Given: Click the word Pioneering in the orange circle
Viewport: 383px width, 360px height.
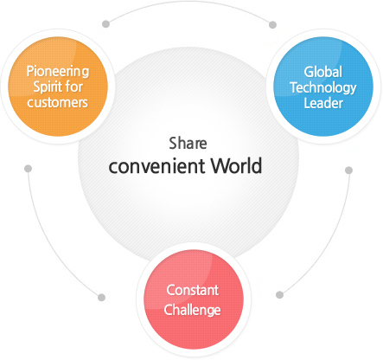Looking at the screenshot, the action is coord(58,72).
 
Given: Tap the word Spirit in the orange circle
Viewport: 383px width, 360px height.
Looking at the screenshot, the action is coord(48,87).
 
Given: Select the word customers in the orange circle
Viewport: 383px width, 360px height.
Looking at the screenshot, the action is coord(57,103).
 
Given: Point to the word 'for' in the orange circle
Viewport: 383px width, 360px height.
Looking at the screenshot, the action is coord(74,87).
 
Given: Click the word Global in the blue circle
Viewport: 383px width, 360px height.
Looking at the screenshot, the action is coord(323,72).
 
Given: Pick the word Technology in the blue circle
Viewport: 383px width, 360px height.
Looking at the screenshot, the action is coord(323,87).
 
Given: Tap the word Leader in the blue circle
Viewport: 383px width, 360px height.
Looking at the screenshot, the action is coord(323,103).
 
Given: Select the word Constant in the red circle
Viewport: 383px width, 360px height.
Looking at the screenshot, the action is coord(192,290).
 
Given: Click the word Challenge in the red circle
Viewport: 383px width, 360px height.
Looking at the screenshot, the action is coord(192,310).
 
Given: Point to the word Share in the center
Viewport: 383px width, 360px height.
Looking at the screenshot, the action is coord(188,144).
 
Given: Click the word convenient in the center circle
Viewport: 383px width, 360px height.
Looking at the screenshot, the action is coord(156,166).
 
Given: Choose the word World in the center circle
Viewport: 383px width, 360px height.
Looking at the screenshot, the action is coord(236,165).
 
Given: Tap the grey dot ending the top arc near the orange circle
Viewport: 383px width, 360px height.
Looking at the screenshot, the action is coord(105,24).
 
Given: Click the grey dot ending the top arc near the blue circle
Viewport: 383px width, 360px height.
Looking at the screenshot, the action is coord(272,25).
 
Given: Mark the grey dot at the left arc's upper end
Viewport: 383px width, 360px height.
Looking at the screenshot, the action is coord(28,169).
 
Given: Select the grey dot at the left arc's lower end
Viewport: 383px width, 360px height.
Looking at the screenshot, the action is coord(101,298).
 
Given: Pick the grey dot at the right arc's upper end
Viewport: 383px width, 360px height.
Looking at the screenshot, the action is coord(348,170).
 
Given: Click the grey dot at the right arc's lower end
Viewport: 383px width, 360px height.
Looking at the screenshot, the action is coord(279,295).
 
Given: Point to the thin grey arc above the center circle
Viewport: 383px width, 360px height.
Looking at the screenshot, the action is coord(188,2).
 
